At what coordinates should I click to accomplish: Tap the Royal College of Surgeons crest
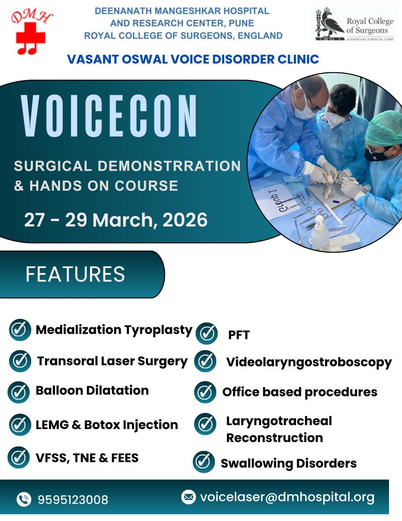click(329, 24)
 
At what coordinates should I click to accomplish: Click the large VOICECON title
click(109, 116)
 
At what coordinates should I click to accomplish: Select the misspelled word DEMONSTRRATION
click(169, 166)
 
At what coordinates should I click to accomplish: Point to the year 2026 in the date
click(185, 220)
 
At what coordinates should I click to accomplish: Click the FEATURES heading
click(75, 274)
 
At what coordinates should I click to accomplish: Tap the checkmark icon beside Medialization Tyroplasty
click(20, 330)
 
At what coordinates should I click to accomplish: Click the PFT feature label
click(239, 335)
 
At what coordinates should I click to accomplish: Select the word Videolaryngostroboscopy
click(309, 362)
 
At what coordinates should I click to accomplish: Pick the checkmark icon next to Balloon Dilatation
click(19, 392)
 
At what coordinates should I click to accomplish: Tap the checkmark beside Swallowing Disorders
click(204, 462)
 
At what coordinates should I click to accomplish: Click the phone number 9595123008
click(73, 500)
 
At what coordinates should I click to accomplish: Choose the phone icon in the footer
click(24, 499)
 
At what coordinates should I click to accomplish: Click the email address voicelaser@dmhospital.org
click(287, 497)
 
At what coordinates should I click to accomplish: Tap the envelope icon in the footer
click(188, 497)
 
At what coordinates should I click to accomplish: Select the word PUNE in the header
click(241, 23)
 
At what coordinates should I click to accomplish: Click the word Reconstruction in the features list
click(274, 438)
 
